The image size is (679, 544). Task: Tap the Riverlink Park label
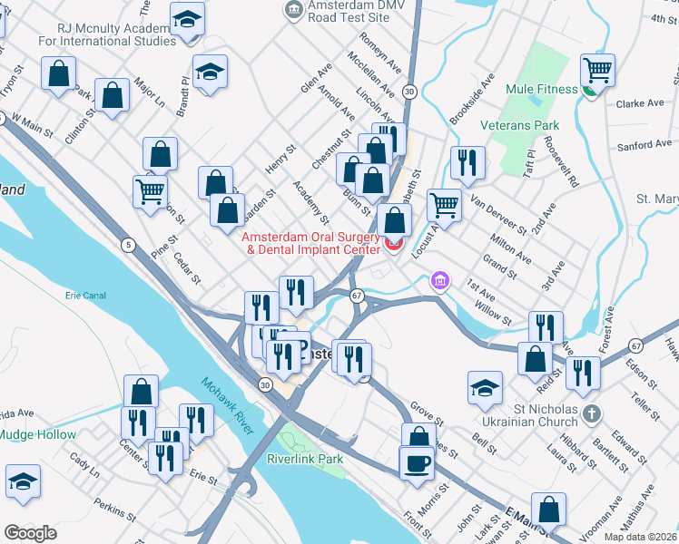click(305, 459)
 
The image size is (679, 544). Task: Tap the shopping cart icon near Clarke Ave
click(597, 70)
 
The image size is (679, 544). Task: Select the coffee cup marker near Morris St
click(417, 462)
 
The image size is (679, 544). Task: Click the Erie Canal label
click(86, 296)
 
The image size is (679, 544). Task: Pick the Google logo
click(30, 532)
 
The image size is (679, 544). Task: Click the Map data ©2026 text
click(641, 536)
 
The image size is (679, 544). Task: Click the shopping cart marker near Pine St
click(150, 190)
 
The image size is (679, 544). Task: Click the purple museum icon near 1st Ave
click(440, 282)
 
